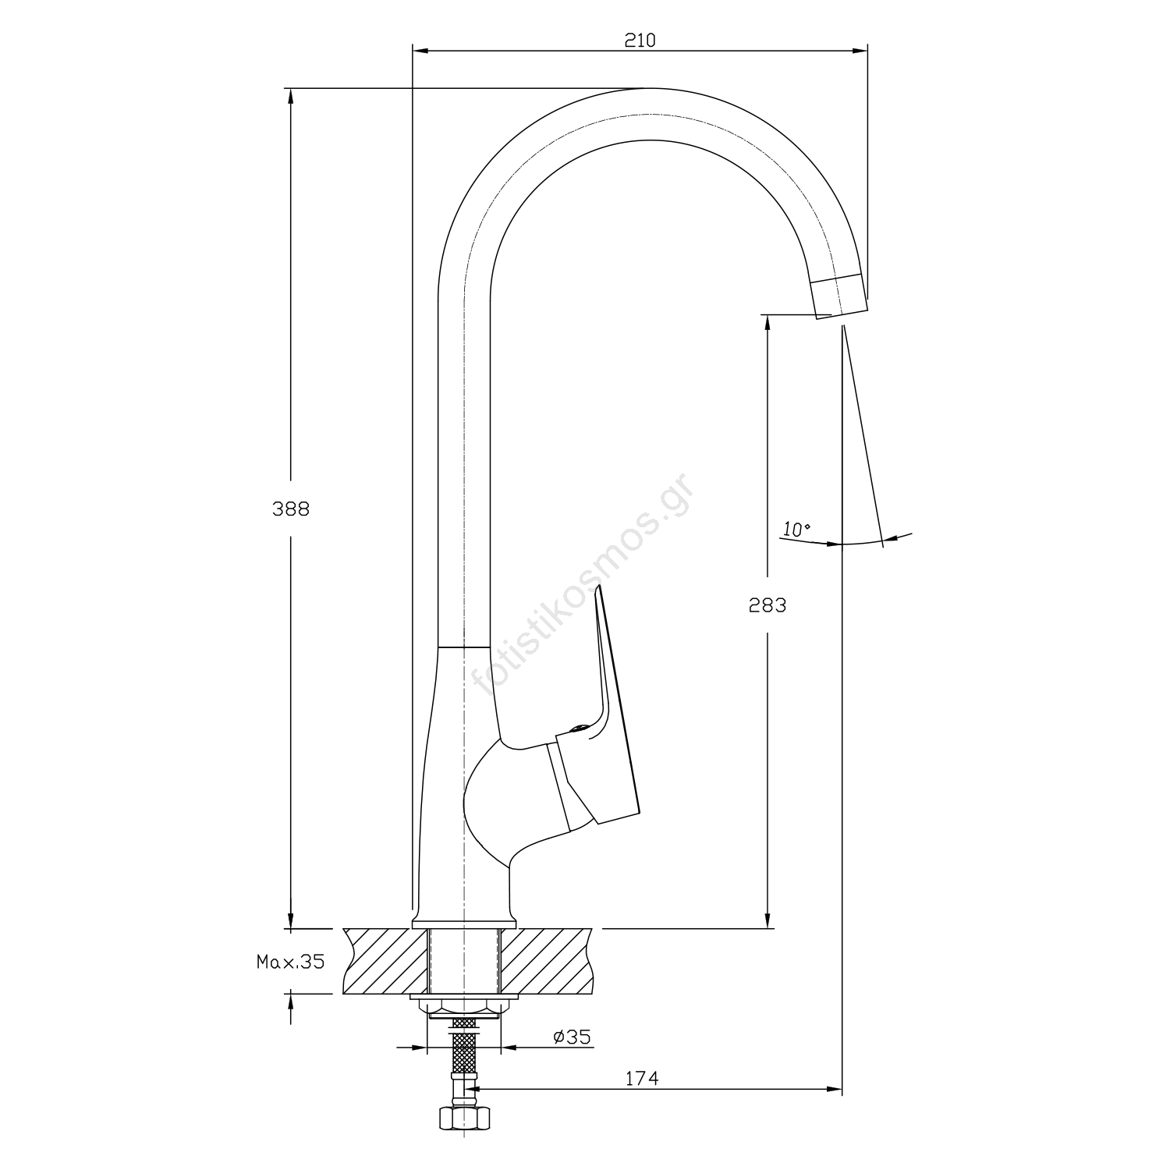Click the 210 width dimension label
(640, 40)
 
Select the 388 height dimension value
(291, 509)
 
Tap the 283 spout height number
(768, 604)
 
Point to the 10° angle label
(796, 530)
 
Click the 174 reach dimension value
(642, 1079)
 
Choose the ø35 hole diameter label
(572, 1037)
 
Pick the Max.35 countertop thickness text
(290, 962)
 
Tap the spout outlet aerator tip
(838, 296)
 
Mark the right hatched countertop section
(546, 961)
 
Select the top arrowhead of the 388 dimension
(291, 97)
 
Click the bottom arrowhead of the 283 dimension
(768, 919)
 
